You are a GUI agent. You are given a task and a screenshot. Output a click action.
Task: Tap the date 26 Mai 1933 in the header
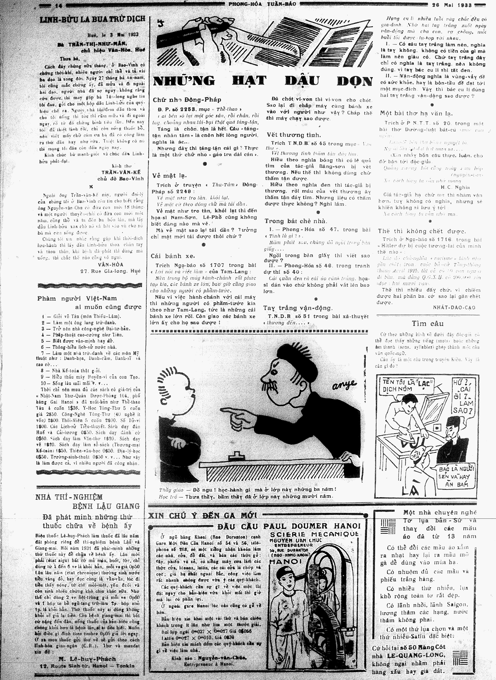[x=452, y=5]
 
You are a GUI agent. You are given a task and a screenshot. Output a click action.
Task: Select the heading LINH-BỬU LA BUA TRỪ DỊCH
[x=92, y=20]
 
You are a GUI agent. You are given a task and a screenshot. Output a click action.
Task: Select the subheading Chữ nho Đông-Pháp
[x=187, y=100]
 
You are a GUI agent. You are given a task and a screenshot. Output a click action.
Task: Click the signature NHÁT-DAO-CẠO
[x=454, y=307]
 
